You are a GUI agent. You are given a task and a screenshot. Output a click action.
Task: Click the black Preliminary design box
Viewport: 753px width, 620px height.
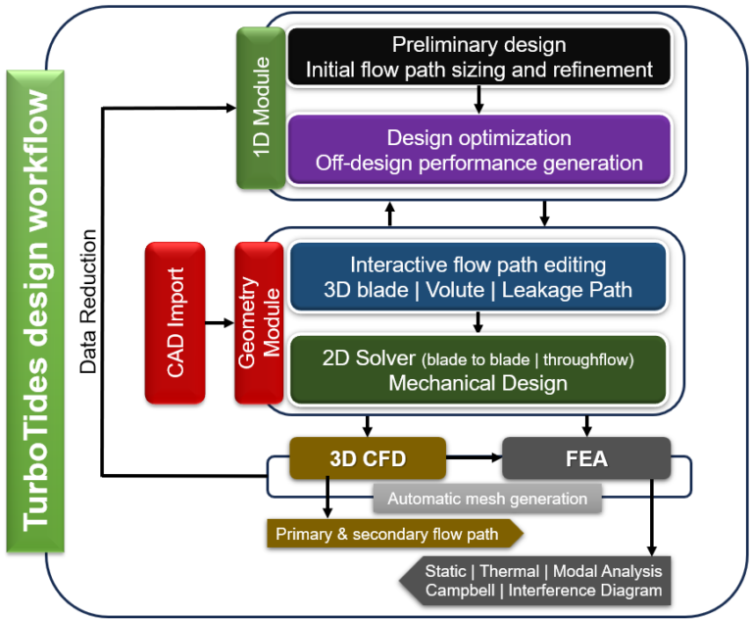[478, 57]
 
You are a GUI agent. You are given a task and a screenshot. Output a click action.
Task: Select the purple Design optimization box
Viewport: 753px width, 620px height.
[478, 149]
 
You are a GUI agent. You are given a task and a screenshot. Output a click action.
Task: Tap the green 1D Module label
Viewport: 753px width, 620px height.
[261, 108]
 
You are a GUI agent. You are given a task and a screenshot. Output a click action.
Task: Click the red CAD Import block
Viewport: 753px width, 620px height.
[175, 322]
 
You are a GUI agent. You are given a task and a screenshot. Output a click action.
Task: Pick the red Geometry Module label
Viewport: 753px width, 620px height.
[259, 322]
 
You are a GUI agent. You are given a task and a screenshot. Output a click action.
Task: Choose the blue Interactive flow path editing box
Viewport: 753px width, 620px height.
[478, 277]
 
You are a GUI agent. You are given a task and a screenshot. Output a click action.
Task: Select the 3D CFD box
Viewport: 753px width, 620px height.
[368, 457]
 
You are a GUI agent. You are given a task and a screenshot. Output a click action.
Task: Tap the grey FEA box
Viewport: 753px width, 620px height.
[586, 457]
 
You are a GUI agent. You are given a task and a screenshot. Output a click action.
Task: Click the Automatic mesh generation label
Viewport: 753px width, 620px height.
[487, 499]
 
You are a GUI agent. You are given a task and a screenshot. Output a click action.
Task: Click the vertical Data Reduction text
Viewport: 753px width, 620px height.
[88, 303]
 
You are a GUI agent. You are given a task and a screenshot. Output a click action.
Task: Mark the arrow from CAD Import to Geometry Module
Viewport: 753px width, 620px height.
[219, 322]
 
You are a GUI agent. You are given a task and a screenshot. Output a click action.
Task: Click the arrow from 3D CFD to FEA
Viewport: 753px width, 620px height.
[474, 457]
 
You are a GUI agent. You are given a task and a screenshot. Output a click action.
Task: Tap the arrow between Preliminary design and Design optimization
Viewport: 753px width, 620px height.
[478, 99]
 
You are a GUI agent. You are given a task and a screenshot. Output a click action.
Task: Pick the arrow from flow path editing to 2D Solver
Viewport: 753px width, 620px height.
[478, 322]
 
